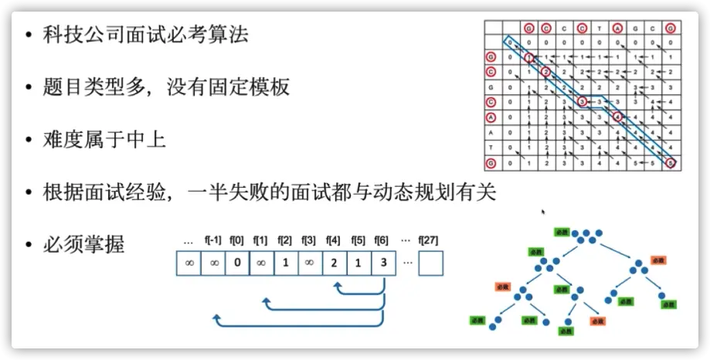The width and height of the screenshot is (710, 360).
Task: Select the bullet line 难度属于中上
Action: tap(104, 139)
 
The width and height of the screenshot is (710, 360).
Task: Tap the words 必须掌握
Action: tap(83, 245)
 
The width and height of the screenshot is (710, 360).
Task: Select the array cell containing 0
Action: tap(237, 263)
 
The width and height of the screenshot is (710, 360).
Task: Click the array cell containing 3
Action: tap(384, 263)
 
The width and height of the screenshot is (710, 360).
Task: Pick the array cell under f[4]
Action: tap(335, 263)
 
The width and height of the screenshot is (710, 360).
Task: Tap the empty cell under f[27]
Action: tap(430, 263)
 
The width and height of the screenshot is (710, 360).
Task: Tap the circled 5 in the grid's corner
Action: tap(671, 163)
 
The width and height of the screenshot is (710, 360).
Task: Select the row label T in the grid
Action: tap(490, 148)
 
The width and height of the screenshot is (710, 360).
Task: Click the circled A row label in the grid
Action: tap(490, 117)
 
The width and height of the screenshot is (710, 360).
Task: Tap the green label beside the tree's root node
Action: tap(561, 232)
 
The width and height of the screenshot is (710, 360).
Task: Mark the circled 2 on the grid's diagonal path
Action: tap(545, 72)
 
